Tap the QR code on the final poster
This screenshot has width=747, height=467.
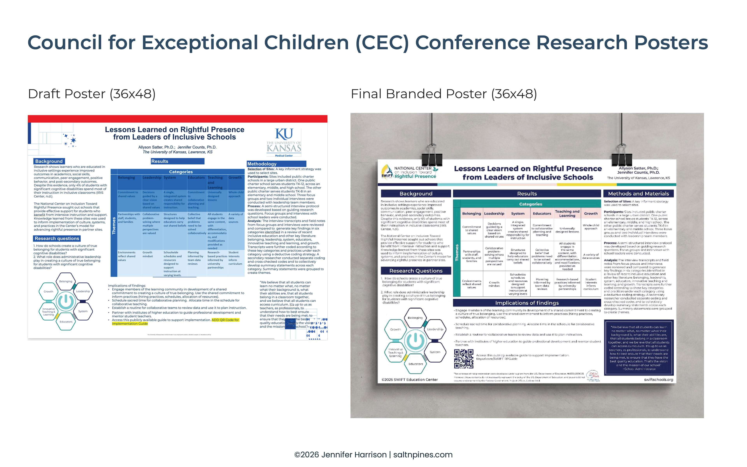(x=463, y=359)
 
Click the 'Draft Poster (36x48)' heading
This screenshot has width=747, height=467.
(x=92, y=94)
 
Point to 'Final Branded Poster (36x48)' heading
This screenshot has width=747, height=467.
(x=444, y=94)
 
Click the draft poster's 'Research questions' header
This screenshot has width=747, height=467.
(x=57, y=238)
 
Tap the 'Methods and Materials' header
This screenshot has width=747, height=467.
(x=638, y=194)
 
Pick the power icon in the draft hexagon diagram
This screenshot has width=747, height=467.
(x=66, y=301)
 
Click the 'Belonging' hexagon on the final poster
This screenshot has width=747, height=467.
(x=415, y=318)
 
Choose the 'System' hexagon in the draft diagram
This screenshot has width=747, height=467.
(x=83, y=311)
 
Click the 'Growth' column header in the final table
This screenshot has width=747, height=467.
(x=591, y=213)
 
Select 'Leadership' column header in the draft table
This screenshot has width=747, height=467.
(x=152, y=178)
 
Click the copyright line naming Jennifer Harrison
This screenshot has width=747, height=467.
(x=373, y=455)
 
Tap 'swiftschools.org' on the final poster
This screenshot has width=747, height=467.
(x=658, y=380)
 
